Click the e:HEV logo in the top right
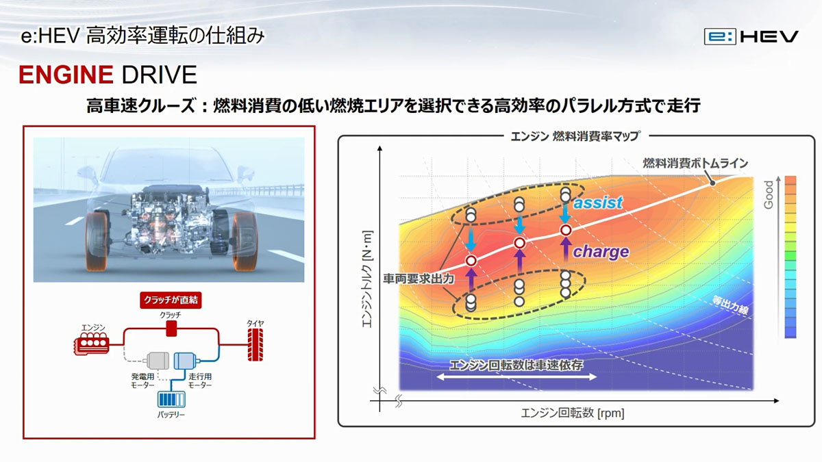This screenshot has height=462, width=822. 751,37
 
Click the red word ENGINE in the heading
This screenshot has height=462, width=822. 66,75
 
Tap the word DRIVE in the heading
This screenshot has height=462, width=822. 159,75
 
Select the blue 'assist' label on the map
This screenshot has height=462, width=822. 598,203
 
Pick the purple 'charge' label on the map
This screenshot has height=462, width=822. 601,252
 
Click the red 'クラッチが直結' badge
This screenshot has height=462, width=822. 171,300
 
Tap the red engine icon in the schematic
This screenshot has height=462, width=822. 92,344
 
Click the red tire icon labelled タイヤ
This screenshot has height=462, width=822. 255,345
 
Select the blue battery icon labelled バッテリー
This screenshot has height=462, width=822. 171,399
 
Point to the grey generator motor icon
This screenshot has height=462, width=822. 158,361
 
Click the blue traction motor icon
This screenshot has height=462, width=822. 186,361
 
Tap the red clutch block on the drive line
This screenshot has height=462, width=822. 171,329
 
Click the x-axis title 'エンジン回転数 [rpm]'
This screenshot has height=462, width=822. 573,413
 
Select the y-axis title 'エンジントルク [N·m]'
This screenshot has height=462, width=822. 367,279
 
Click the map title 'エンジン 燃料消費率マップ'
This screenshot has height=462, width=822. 576,136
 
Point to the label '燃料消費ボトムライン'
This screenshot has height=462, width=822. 695,163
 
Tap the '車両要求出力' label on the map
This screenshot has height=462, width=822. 419,279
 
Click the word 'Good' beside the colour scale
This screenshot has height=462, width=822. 769,194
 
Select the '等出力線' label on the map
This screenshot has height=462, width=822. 730,305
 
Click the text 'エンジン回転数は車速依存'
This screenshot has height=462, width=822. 516,365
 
